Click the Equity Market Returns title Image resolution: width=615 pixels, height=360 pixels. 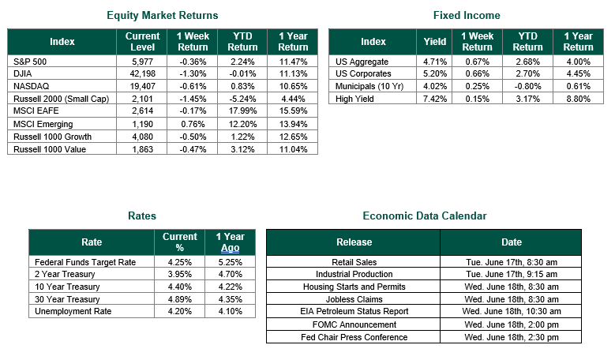coord(163,15)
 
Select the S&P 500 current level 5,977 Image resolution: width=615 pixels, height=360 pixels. coord(142,62)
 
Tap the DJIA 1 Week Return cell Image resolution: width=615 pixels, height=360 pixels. coord(193,73)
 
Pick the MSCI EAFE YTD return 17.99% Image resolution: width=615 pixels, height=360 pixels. coord(243,111)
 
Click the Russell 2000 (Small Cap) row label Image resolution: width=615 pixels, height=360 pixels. coord(62,99)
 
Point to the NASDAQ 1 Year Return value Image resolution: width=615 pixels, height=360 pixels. coord(293,86)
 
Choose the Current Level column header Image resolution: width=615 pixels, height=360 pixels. coord(142,42)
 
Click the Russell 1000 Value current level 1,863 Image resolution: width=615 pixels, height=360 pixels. coord(142,149)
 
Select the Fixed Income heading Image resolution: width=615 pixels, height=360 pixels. coord(467,15)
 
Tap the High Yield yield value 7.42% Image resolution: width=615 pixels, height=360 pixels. coord(435,99)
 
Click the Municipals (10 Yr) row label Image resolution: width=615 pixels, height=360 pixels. coord(369,86)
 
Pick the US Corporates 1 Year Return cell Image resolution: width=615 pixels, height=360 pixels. coord(579,73)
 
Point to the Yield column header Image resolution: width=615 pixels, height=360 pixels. coord(435,42)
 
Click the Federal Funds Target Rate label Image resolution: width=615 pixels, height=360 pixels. coord(85,262)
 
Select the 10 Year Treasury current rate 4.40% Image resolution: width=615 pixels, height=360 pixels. coord(180,287)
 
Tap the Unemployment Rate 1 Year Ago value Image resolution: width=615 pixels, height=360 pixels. coord(231,311)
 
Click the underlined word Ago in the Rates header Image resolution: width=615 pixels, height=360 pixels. coord(231,248)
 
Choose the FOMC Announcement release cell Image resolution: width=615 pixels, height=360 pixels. coord(354,324)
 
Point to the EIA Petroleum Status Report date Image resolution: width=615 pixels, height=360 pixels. coord(512,311)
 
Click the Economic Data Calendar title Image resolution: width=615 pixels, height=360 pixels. coord(425,216)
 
